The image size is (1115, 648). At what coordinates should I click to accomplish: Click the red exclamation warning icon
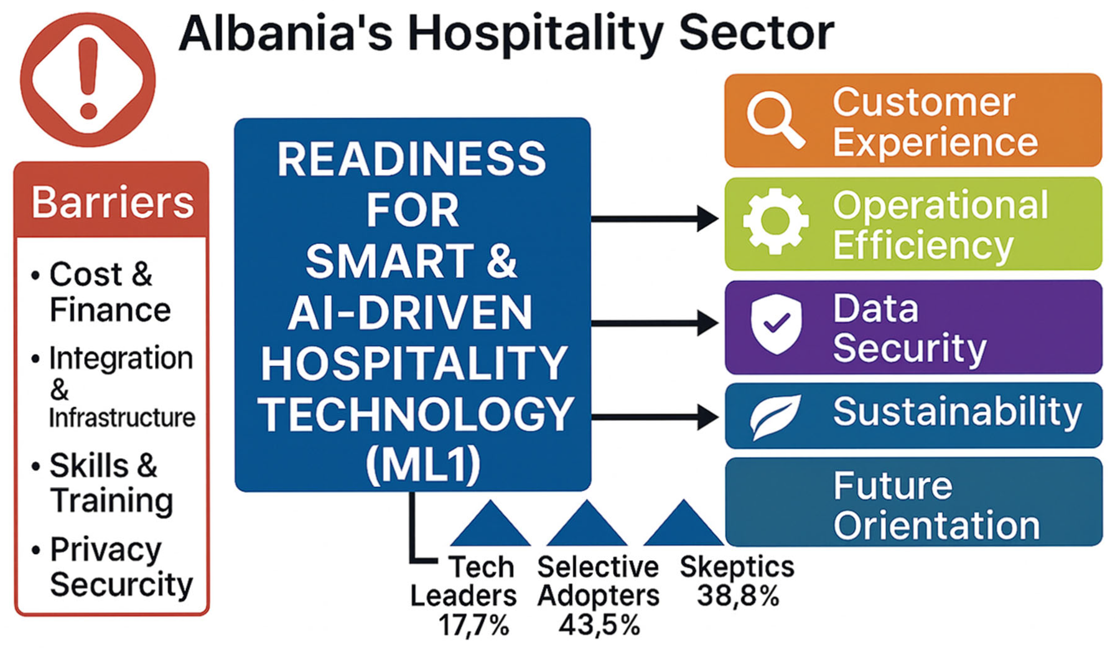click(x=88, y=80)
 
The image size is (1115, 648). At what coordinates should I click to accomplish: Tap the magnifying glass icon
click(x=775, y=120)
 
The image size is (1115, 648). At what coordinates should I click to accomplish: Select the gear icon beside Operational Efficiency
click(x=775, y=221)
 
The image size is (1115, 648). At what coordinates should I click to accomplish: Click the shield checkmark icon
click(x=776, y=324)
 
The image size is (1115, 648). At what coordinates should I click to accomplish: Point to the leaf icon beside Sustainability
click(x=775, y=416)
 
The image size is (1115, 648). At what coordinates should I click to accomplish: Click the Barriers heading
click(x=112, y=202)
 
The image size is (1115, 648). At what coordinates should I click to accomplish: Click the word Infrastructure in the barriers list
click(x=122, y=418)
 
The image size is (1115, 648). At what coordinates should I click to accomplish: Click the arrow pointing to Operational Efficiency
click(x=655, y=218)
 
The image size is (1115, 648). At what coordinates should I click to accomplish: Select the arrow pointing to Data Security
click(x=655, y=323)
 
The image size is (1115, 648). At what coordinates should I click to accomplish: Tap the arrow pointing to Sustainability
click(x=655, y=416)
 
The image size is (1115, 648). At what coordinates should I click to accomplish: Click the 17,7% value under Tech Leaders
click(x=474, y=625)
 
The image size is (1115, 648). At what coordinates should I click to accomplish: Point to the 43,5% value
click(x=599, y=625)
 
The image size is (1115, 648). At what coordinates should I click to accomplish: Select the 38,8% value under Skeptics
click(x=738, y=596)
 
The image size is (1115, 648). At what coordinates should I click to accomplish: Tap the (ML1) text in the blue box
click(x=424, y=464)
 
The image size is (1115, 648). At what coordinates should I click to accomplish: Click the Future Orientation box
click(x=913, y=502)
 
